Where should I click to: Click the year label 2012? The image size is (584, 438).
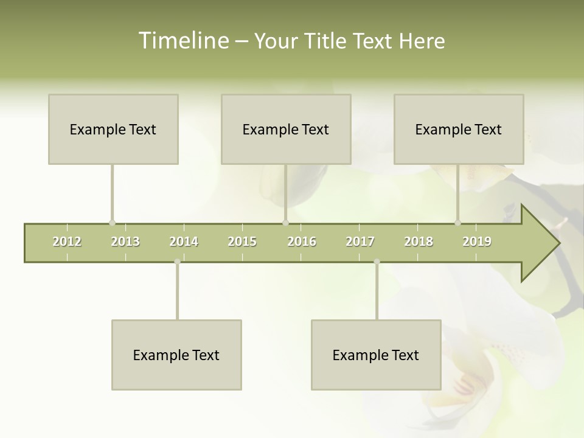(67, 242)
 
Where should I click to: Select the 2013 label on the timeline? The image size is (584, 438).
(125, 242)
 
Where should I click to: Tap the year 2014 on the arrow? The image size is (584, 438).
(184, 242)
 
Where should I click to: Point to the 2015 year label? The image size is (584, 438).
(242, 242)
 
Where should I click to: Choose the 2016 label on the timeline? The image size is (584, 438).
(301, 242)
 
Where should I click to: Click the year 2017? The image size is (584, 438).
(360, 242)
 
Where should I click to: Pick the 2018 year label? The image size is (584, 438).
(419, 242)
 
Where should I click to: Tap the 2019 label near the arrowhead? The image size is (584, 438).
(477, 242)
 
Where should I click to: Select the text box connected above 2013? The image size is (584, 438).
(113, 129)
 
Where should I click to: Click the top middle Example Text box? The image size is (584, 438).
(286, 129)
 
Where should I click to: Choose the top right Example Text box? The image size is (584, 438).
(459, 129)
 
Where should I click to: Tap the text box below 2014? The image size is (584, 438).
(176, 355)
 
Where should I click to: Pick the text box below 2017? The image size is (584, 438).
(376, 355)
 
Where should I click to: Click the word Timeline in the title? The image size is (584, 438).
(183, 41)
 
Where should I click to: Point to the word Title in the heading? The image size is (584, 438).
(325, 41)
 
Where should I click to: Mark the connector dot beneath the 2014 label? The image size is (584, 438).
(177, 262)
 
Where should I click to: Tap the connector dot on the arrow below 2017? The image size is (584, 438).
(377, 262)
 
